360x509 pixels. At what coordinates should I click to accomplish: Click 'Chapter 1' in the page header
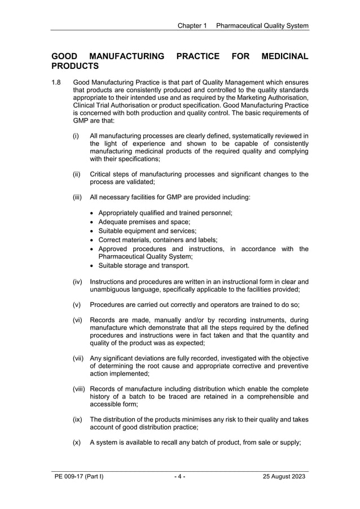192,25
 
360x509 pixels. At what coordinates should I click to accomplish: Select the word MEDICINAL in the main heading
286,56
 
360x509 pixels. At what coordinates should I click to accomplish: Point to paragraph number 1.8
56,83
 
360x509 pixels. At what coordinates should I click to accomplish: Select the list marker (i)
76,136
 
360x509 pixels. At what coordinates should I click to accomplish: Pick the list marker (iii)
77,198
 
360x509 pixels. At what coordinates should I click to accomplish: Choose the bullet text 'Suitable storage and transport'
144,265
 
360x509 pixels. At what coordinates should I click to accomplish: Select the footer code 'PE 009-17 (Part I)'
79,477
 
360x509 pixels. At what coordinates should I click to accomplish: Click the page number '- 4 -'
180,477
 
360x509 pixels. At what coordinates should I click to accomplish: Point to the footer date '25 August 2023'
284,477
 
